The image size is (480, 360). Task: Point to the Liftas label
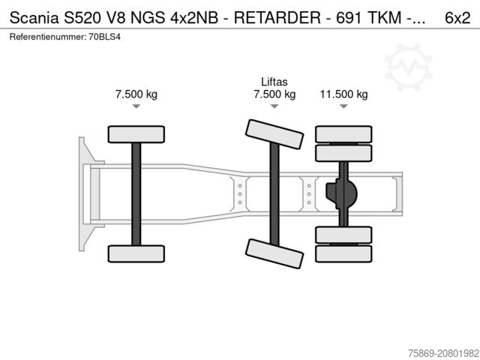pos(274,82)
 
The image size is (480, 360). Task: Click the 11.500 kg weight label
pos(343,94)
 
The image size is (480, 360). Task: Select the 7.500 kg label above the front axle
pos(136,94)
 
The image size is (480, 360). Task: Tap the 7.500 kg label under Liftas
pos(274,94)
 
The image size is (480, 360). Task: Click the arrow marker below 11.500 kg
pos(343,107)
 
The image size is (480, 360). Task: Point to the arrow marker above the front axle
pos(136,107)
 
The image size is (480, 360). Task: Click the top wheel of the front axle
pos(136,134)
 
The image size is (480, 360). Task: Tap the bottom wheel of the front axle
pos(136,253)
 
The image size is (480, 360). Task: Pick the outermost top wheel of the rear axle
pos(343,134)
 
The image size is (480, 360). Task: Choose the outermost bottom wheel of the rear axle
pos(343,253)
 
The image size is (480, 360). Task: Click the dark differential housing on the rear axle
pos(342,193)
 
